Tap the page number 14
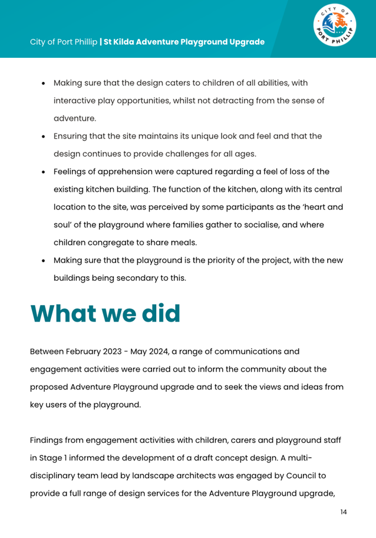[344, 511]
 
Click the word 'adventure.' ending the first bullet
[75, 118]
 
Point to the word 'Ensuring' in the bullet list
[71, 136]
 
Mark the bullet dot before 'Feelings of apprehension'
[44, 172]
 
